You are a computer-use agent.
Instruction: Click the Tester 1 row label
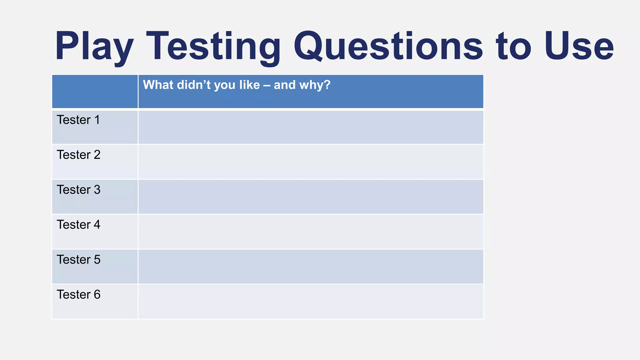[78, 120]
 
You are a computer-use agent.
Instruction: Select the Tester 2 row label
[78, 155]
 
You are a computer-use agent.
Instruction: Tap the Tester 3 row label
[78, 190]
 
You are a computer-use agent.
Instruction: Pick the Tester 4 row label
[78, 225]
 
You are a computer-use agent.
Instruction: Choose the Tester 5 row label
[78, 260]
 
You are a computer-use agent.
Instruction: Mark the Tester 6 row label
[78, 295]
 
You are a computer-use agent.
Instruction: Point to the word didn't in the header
[194, 85]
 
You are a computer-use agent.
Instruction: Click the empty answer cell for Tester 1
[311, 127]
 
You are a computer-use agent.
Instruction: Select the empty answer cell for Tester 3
[311, 197]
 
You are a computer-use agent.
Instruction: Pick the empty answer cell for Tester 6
[311, 302]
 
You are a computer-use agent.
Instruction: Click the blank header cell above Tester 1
[95, 92]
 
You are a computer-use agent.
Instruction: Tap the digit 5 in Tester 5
[97, 260]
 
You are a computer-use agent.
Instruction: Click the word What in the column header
[158, 85]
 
